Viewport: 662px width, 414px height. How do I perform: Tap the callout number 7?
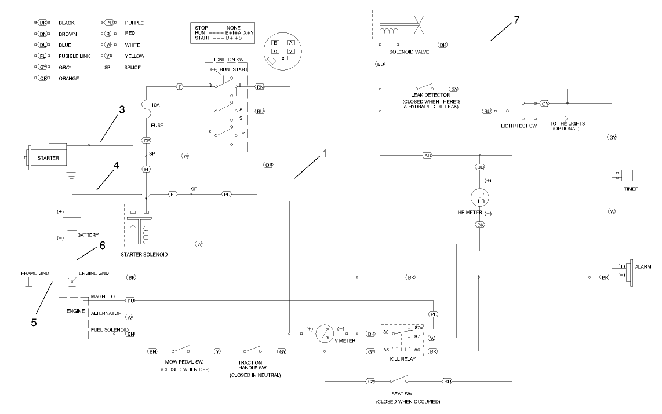pyautogui.click(x=516, y=20)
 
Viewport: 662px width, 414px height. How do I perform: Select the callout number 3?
pyautogui.click(x=122, y=110)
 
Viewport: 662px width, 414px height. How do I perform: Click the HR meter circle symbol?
pyautogui.click(x=480, y=199)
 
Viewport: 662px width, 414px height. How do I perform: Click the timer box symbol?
pyautogui.click(x=627, y=174)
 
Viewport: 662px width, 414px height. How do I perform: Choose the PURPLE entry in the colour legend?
pyautogui.click(x=134, y=23)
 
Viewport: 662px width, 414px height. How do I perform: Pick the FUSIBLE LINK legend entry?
pyautogui.click(x=72, y=56)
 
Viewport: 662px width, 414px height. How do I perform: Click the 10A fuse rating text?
pyautogui.click(x=155, y=105)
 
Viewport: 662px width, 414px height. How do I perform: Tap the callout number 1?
pyautogui.click(x=325, y=155)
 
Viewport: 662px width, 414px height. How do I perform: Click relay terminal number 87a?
pyautogui.click(x=419, y=328)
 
